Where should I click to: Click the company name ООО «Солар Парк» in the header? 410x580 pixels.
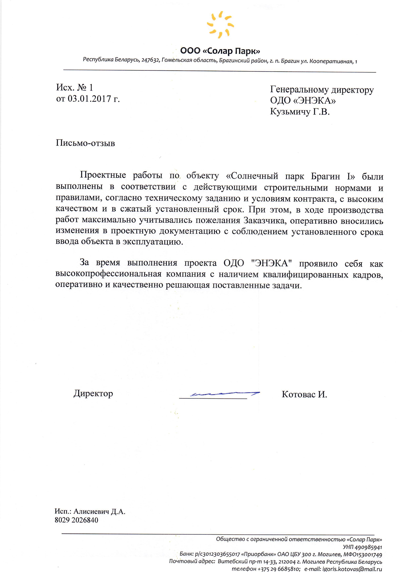(220, 51)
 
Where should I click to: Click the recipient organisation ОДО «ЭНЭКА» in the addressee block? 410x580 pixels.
(303, 101)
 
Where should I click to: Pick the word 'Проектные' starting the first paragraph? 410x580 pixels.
(103, 175)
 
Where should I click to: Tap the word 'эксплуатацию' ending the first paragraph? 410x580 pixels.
(153, 242)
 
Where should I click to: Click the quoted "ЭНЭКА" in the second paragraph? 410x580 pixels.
(272, 263)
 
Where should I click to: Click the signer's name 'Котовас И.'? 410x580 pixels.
(304, 394)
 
